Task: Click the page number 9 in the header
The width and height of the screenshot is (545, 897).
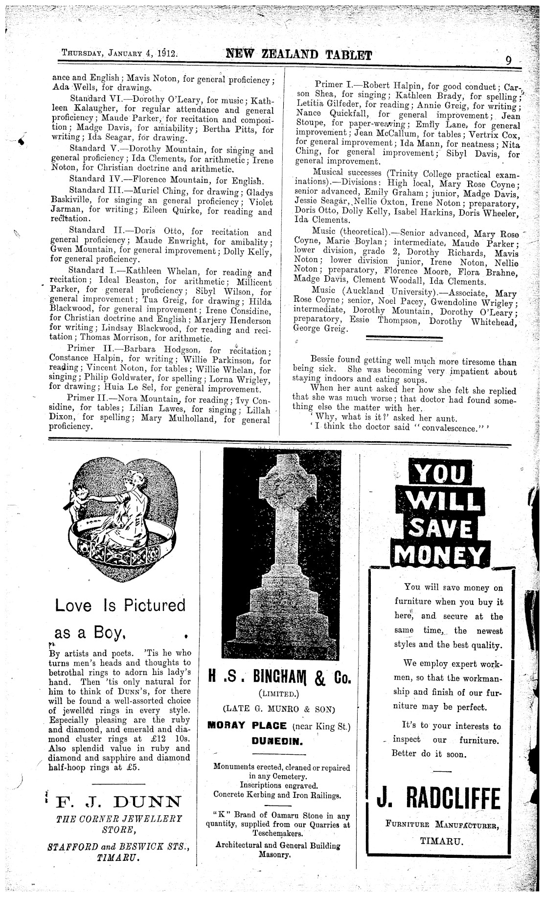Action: [508, 60]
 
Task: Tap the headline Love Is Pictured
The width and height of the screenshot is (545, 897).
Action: [120, 605]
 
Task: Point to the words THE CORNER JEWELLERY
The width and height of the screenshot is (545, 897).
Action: [119, 818]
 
